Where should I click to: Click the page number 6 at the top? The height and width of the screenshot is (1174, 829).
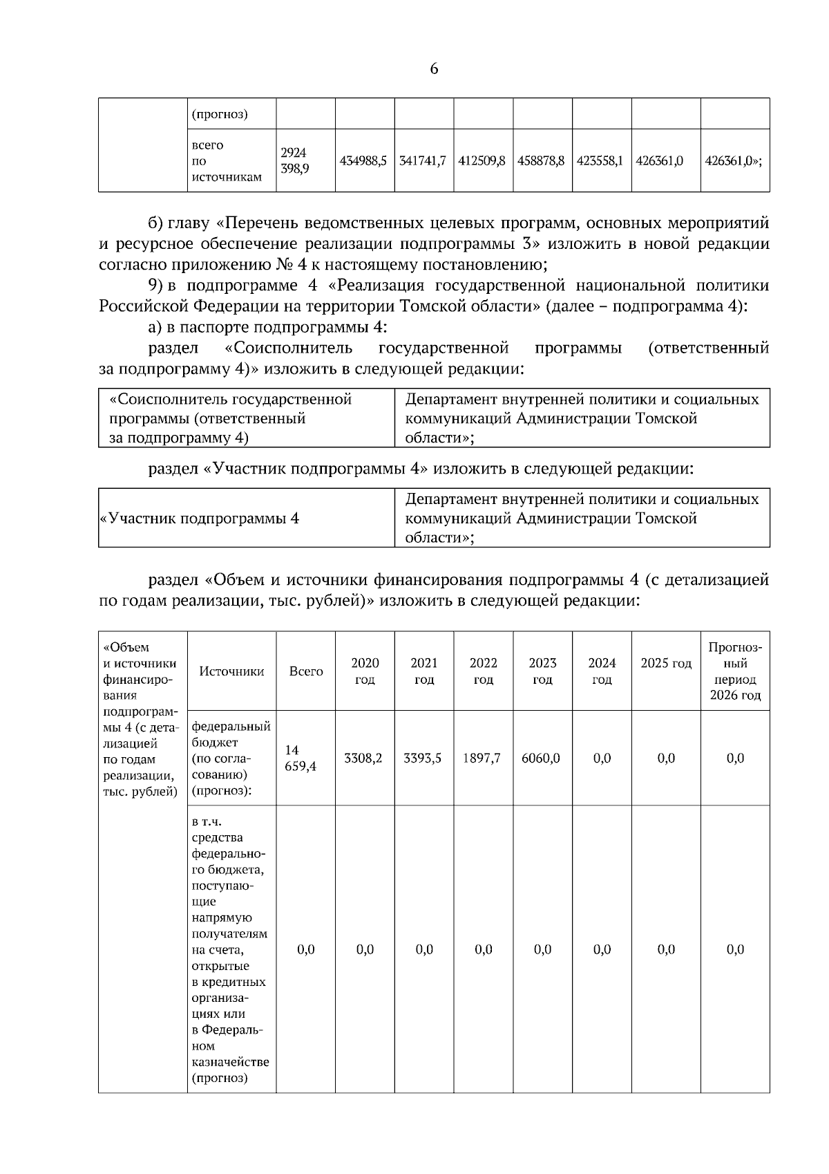click(434, 68)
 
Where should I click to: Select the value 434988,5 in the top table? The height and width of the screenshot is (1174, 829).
click(363, 160)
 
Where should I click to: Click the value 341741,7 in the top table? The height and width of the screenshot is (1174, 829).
click(423, 160)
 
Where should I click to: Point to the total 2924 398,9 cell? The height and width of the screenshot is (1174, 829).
click(295, 160)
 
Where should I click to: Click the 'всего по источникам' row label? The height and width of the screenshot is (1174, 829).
click(226, 161)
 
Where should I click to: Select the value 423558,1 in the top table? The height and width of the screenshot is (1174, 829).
click(600, 160)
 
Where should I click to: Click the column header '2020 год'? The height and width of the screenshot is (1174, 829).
click(365, 671)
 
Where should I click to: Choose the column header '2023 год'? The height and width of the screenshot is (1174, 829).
click(542, 671)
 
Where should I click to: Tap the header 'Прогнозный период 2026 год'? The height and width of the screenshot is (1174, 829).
click(735, 671)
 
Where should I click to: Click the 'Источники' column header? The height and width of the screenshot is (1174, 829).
click(231, 671)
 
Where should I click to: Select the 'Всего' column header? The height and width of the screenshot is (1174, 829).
click(306, 671)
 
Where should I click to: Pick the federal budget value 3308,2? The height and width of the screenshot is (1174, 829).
click(363, 758)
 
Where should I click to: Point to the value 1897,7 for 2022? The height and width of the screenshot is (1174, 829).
click(482, 758)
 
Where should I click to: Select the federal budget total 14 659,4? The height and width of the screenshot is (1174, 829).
click(301, 758)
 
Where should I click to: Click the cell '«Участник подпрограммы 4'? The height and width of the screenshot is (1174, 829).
click(200, 519)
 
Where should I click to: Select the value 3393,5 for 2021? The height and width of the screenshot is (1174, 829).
click(423, 758)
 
